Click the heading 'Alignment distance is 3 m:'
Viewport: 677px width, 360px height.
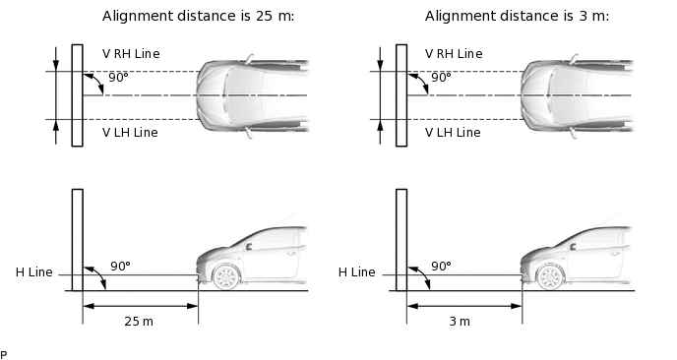point(517,17)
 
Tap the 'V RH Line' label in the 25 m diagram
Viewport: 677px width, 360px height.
point(130,53)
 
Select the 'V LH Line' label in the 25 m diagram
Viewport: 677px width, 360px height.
point(130,132)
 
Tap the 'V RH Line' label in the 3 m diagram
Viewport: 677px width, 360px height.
point(454,53)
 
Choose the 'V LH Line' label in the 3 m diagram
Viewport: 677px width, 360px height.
point(454,132)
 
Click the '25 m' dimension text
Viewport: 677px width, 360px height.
point(139,322)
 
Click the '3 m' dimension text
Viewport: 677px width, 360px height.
point(459,322)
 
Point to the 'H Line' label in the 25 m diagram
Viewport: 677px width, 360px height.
point(33,272)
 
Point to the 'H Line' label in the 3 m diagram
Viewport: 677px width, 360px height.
point(357,272)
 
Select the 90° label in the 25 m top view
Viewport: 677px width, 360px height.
point(118,77)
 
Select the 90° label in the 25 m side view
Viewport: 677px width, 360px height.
point(119,266)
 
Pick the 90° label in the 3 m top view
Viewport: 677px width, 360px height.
point(441,77)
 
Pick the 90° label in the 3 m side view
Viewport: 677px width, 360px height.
point(441,266)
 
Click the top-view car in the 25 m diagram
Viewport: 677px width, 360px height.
point(252,95)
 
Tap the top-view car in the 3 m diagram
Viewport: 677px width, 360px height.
point(576,95)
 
